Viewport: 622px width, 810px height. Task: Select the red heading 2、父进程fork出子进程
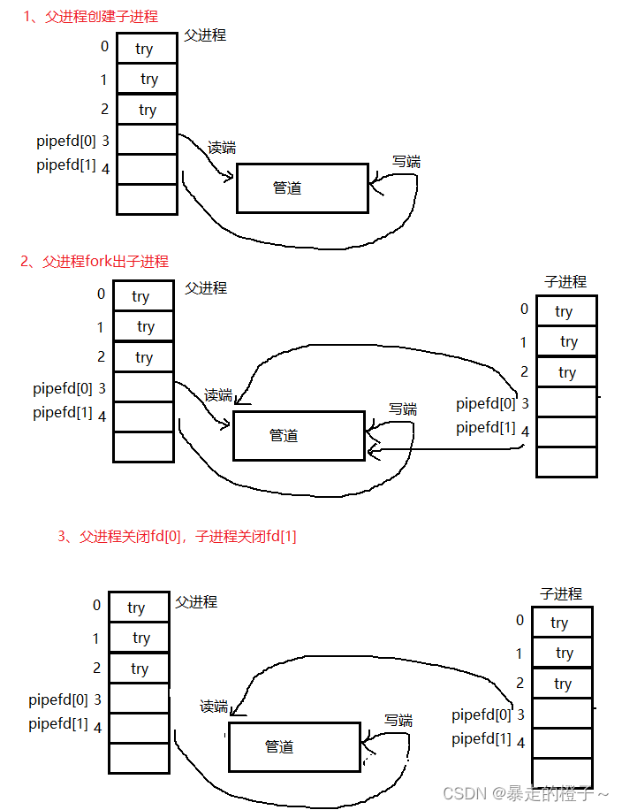[94, 261]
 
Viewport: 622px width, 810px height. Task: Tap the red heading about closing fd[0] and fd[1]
[177, 536]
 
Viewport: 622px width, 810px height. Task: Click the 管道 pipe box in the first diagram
[302, 187]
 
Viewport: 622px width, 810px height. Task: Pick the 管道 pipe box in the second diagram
[299, 435]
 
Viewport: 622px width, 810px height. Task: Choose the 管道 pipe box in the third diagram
[294, 746]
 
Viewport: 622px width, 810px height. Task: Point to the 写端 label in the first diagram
[406, 162]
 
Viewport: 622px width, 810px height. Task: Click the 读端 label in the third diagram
[215, 707]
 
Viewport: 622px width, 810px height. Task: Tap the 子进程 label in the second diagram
[565, 282]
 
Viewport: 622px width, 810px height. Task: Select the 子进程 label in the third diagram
[561, 593]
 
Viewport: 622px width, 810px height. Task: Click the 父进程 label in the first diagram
[205, 35]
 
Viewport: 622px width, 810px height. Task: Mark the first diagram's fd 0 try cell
[147, 50]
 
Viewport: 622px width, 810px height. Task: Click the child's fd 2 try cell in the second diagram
[566, 372]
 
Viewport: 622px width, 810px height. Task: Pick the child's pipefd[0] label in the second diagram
[485, 404]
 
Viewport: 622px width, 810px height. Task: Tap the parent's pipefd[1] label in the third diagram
[57, 724]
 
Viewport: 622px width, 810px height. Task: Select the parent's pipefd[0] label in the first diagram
[66, 141]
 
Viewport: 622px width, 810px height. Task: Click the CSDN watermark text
[525, 793]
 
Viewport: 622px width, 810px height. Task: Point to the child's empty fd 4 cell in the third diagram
[562, 742]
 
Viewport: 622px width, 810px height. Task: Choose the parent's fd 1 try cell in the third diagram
[139, 638]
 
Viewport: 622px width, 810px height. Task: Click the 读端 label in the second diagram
[218, 395]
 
